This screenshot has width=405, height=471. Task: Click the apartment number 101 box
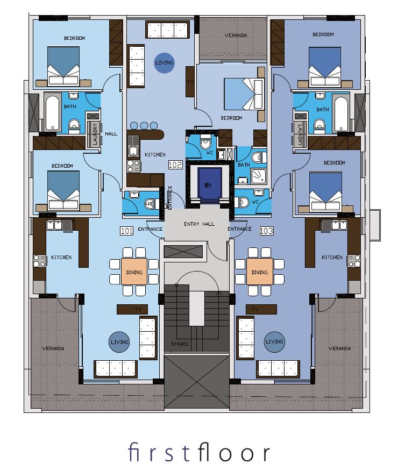(126, 231)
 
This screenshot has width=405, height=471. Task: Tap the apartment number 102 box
(175, 165)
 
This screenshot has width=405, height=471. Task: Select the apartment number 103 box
(266, 231)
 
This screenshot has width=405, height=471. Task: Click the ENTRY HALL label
(199, 224)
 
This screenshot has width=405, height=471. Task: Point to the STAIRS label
(180, 344)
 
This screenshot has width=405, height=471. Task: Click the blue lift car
(209, 184)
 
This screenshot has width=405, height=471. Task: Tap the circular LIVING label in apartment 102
(164, 62)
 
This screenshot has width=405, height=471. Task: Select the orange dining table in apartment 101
(134, 272)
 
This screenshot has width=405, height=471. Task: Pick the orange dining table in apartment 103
(260, 272)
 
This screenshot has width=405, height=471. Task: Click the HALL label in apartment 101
(111, 134)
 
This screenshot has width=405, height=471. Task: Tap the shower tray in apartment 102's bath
(258, 176)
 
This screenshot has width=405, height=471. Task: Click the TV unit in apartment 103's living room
(261, 309)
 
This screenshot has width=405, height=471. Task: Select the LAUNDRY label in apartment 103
(300, 134)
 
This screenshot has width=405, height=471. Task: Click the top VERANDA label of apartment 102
(236, 35)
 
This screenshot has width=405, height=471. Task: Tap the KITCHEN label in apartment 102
(155, 155)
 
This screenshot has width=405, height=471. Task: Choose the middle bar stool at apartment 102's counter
(144, 125)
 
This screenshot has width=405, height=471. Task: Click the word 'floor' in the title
(233, 452)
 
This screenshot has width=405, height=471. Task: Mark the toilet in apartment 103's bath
(319, 126)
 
